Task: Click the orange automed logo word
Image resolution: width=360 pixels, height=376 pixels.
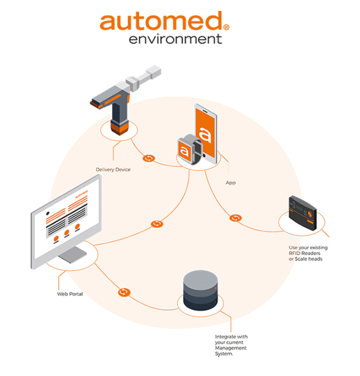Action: click(x=160, y=22)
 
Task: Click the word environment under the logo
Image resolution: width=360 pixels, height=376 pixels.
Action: click(x=175, y=38)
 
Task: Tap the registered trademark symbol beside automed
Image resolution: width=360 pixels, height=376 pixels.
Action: click(x=226, y=28)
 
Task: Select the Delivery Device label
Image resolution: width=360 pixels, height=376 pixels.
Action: click(x=113, y=170)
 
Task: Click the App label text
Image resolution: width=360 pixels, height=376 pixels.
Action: click(x=231, y=183)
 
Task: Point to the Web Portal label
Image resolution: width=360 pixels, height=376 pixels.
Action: click(x=70, y=294)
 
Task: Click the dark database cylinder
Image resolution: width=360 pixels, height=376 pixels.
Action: click(x=200, y=291)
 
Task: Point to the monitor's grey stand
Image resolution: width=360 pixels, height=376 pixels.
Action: click(x=69, y=257)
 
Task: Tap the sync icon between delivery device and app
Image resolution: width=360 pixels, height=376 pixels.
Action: click(x=148, y=159)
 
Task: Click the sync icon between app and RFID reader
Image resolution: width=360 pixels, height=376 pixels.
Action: click(x=236, y=218)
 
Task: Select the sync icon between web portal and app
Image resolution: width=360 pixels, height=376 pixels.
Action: click(x=157, y=224)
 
